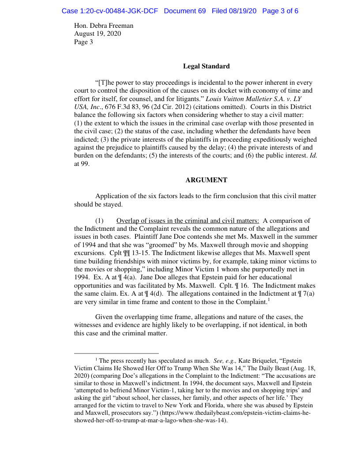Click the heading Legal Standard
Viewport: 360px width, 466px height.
206,66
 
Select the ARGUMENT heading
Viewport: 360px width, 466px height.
206,180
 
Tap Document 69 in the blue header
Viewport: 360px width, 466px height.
184,11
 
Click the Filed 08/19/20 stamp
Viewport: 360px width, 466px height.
234,11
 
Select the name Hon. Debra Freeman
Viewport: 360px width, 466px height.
104,26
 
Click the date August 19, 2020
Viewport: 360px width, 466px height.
97,34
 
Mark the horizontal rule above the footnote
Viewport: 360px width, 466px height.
116,353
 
